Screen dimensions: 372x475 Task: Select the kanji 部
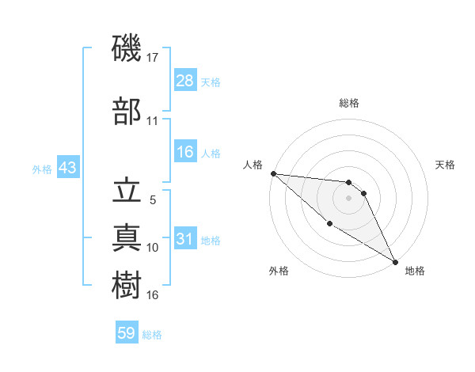(127, 111)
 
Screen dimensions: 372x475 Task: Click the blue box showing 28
(185, 81)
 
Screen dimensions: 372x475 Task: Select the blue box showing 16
(185, 153)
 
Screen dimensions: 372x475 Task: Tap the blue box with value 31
(185, 240)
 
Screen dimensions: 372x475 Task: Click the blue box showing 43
(67, 169)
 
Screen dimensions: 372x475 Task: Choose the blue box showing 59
(127, 333)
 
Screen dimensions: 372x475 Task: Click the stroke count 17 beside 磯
(154, 58)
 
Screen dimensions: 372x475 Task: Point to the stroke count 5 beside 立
(153, 200)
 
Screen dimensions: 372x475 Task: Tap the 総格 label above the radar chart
(349, 103)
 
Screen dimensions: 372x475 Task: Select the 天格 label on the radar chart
(446, 165)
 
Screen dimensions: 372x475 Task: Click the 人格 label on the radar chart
(253, 165)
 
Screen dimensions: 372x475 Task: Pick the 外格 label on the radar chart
(279, 271)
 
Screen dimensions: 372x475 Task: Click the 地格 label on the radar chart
(415, 271)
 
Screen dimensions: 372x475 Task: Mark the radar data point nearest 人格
(273, 173)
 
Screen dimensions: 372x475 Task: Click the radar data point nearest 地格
(394, 261)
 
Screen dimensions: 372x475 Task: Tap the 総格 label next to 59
(152, 335)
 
